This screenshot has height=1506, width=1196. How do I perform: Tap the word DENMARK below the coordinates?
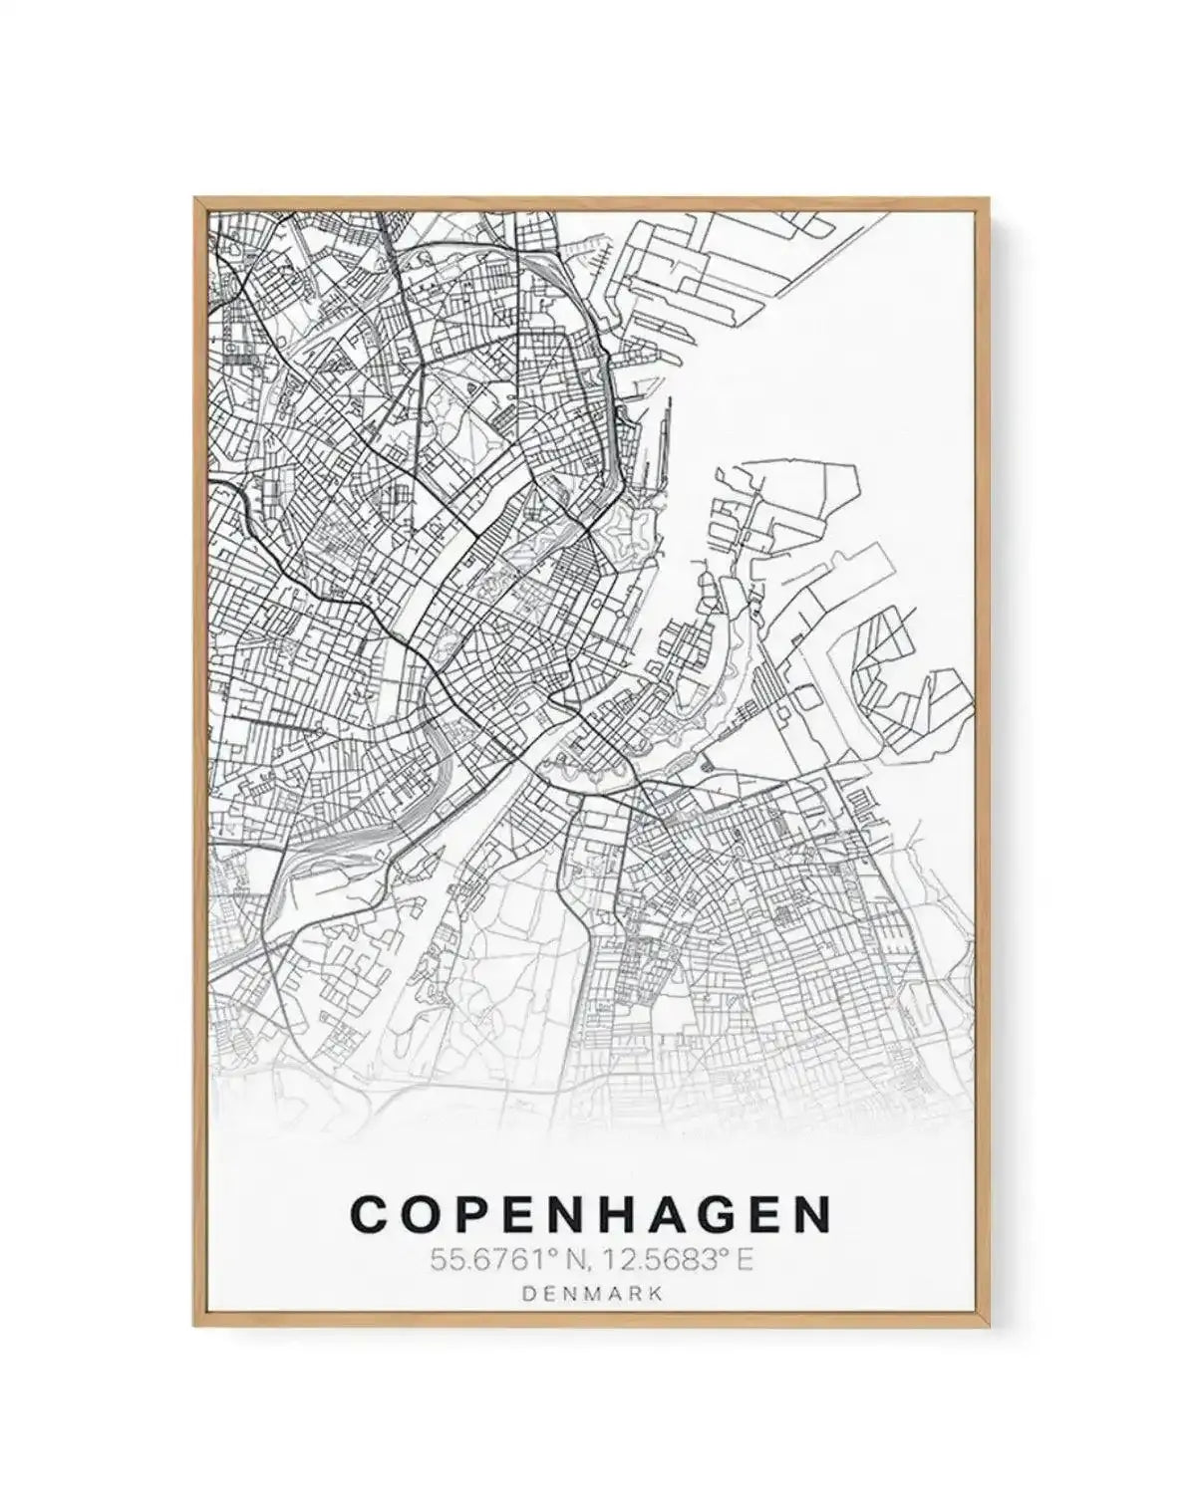(x=591, y=1294)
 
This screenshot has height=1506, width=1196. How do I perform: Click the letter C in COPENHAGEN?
(x=370, y=1214)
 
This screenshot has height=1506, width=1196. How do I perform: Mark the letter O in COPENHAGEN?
(x=418, y=1214)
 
